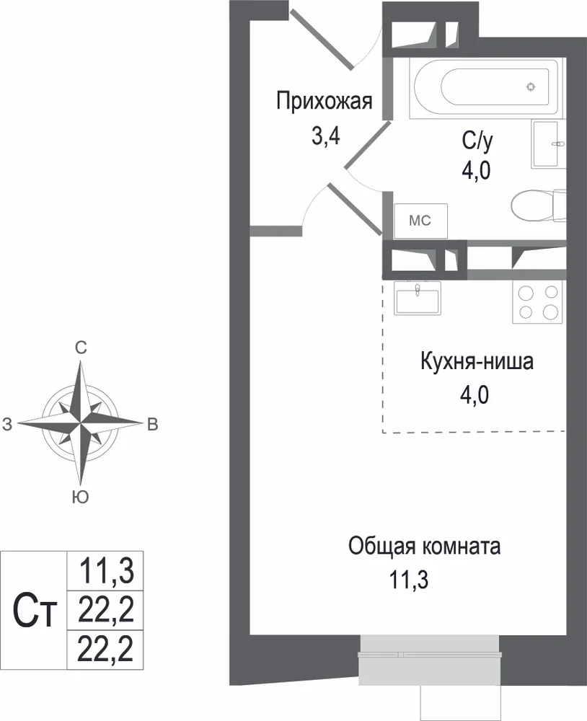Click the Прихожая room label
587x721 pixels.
click(x=324, y=102)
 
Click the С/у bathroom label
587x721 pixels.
click(x=477, y=141)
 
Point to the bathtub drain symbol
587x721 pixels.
click(x=530, y=87)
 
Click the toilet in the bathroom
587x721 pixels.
click(x=537, y=205)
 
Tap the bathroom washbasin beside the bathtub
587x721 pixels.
click(x=549, y=144)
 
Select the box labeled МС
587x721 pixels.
click(x=420, y=221)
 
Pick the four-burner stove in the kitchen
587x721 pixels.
click(x=537, y=302)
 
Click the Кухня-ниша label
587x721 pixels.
click(x=477, y=361)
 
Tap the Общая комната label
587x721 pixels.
click(x=424, y=546)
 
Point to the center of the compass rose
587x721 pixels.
click(x=81, y=423)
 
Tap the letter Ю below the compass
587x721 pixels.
click(x=81, y=496)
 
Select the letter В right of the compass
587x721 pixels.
click(x=152, y=423)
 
